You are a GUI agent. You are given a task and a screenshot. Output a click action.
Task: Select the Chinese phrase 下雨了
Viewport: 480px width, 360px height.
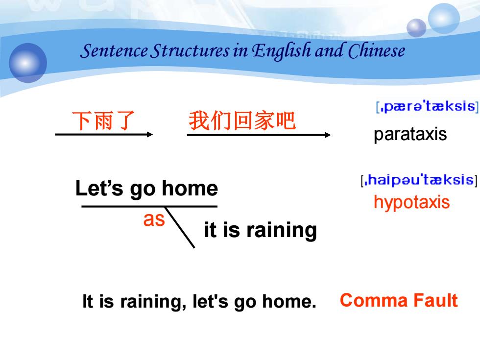[x=103, y=120]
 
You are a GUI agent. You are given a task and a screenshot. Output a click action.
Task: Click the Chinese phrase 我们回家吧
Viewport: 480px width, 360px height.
[x=242, y=120]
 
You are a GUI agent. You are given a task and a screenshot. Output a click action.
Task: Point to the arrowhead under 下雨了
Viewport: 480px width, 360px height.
[x=150, y=134]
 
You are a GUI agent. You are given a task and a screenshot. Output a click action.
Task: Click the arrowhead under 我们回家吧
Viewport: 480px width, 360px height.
[x=328, y=135]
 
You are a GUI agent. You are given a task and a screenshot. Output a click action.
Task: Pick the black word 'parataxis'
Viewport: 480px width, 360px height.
[x=410, y=134]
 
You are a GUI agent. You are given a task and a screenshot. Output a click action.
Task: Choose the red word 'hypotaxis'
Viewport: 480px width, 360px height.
[x=412, y=202]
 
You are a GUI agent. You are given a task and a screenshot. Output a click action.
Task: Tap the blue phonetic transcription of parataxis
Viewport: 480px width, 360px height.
[x=427, y=107]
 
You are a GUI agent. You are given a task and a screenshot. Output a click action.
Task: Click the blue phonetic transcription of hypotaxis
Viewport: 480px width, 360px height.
[x=419, y=180]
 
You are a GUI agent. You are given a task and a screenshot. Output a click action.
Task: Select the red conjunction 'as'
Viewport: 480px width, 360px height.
[x=154, y=219]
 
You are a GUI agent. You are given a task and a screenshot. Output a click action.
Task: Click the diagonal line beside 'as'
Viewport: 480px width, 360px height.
[x=180, y=227]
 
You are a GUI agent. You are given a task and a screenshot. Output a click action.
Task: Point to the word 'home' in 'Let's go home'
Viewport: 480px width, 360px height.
[x=190, y=188]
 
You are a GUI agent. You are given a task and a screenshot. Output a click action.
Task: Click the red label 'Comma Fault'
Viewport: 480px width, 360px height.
[x=399, y=300]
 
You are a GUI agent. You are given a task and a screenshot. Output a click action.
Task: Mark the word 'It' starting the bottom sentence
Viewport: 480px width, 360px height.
[x=88, y=301]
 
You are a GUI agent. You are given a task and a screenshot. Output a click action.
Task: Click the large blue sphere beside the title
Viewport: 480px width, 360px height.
[x=28, y=63]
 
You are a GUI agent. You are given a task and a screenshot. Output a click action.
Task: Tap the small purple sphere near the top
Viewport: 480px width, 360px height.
[x=416, y=28]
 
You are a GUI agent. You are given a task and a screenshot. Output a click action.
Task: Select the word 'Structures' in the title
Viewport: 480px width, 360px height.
[x=191, y=51]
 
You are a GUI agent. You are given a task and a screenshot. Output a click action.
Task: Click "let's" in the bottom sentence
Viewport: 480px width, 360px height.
[x=210, y=301]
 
